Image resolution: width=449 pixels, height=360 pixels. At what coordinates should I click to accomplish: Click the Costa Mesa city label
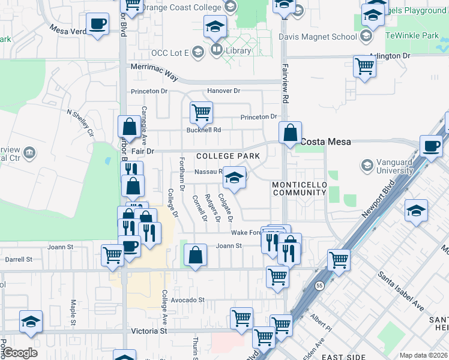tap(325, 142)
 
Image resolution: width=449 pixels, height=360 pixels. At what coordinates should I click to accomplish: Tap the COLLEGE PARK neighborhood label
tap(228, 156)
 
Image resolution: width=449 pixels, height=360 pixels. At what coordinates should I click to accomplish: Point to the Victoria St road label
tap(149, 331)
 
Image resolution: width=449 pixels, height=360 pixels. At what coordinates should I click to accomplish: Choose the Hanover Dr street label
tap(223, 91)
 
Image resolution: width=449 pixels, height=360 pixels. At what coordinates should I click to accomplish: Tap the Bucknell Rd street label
tap(204, 130)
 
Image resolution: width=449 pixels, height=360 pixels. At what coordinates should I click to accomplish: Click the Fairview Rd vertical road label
tap(285, 83)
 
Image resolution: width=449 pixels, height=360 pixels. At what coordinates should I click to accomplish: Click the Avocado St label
tap(188, 300)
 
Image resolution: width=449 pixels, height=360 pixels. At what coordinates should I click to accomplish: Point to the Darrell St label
tap(19, 260)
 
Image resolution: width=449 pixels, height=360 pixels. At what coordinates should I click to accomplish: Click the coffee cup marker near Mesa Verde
tap(97, 24)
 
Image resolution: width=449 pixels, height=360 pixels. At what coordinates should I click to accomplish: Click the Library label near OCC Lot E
tap(238, 51)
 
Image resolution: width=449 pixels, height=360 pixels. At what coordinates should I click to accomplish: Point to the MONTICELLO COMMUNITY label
tap(299, 188)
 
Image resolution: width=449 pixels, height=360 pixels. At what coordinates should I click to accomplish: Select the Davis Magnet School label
tap(318, 37)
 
